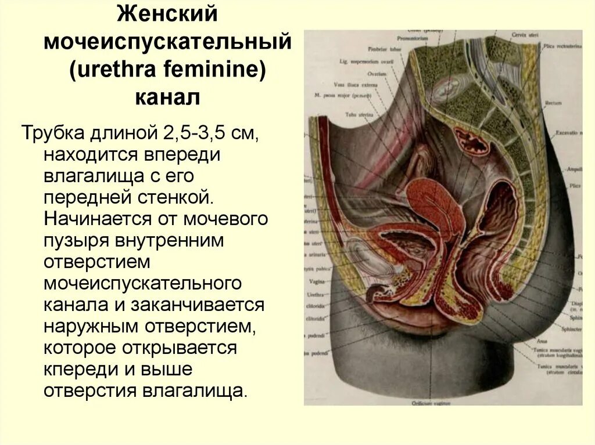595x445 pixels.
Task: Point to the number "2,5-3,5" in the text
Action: pyautogui.click(x=195, y=133)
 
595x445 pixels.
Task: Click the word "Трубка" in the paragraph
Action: pyautogui.click(x=53, y=133)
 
